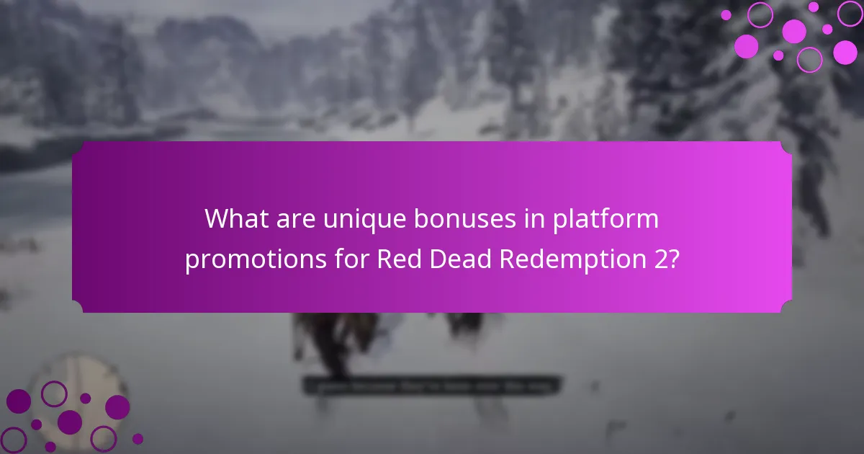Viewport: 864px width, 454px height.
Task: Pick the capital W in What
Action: coord(216,218)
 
